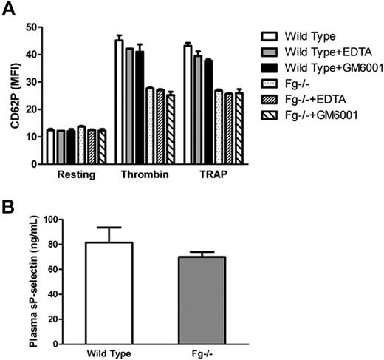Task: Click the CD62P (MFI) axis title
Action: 14,96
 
